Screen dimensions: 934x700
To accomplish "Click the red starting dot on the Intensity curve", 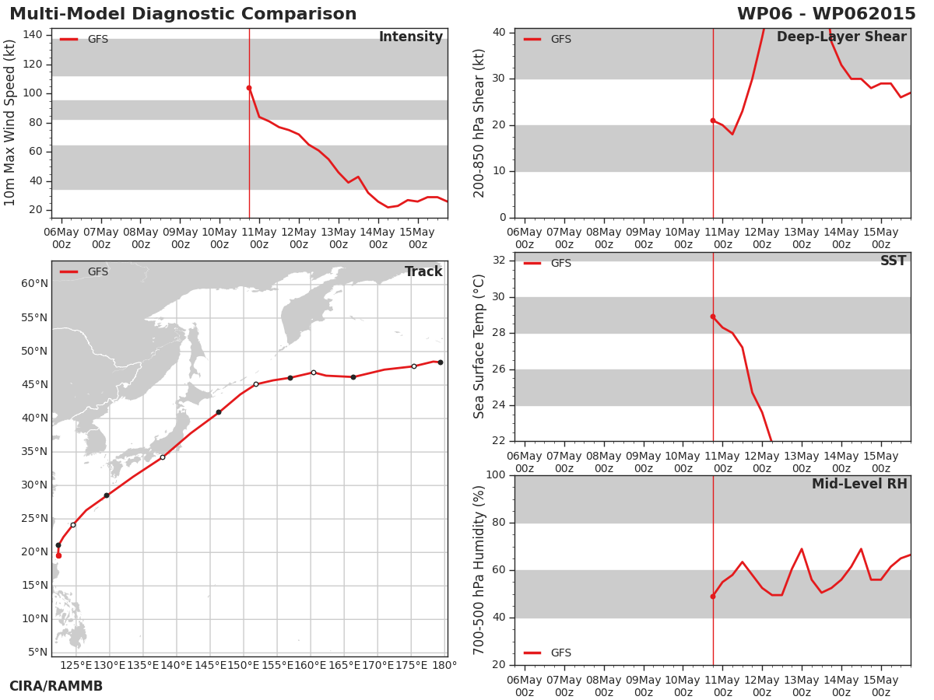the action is [249, 88].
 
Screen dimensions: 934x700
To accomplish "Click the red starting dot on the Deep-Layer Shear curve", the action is [713, 121].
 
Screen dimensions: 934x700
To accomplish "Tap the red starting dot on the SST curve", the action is [713, 317].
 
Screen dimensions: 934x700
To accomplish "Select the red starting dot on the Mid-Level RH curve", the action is [713, 597].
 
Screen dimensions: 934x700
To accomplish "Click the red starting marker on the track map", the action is [58, 555].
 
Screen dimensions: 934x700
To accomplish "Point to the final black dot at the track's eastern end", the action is [441, 362].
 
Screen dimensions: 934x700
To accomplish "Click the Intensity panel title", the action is [411, 37].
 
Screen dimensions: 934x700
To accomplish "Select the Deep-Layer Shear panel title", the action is [841, 37].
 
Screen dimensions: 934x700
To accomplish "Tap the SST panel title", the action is [894, 261].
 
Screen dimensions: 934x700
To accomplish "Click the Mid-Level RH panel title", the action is [859, 484].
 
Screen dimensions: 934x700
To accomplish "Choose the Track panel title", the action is [423, 271].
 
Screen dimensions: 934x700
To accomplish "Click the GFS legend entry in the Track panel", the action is [84, 271].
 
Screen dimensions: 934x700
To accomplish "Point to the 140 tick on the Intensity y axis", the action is [33, 35].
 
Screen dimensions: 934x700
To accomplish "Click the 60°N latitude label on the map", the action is [34, 283].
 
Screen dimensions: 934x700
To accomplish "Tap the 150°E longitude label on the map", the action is [244, 665].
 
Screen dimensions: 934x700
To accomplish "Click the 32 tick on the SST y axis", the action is [499, 260].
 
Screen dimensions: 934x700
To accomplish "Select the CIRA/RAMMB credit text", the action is [56, 686].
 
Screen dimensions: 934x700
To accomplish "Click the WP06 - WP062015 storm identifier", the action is [827, 13].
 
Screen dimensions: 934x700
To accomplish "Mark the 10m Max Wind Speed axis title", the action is [9, 122].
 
